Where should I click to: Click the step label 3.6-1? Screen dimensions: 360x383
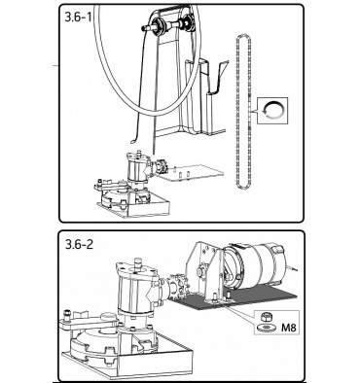(x=79, y=17)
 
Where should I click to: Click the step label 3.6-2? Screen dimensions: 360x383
(x=79, y=244)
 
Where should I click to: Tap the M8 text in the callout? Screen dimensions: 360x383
(x=289, y=328)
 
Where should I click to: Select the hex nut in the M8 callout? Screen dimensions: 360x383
(x=267, y=316)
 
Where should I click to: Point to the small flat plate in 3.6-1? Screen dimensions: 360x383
(x=193, y=173)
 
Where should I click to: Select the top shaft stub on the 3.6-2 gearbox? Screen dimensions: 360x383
(x=137, y=262)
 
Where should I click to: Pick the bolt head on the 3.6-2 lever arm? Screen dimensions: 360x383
(x=67, y=315)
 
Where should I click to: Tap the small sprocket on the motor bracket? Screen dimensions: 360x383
(x=200, y=270)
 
